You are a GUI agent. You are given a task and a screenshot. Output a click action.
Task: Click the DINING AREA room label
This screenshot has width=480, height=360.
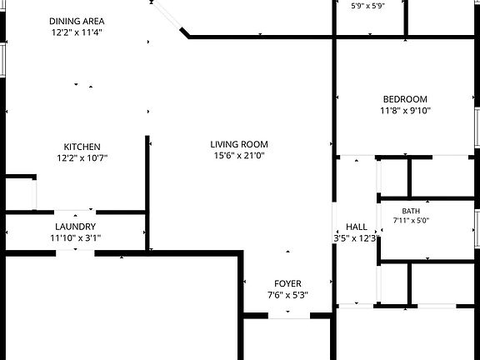coord(77,21)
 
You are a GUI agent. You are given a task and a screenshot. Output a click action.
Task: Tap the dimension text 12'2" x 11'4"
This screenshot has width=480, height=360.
coord(77,32)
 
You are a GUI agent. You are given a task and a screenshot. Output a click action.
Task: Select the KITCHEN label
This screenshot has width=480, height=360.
coord(82,147)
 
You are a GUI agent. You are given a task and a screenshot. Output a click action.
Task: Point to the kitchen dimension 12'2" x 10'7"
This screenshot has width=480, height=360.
coord(82,158)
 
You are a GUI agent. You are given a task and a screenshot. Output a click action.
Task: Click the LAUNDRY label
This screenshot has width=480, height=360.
coord(76,227)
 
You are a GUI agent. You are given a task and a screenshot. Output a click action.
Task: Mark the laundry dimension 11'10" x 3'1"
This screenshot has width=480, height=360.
coord(76,237)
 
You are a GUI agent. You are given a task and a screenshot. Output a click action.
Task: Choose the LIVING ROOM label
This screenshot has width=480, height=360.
coord(239,144)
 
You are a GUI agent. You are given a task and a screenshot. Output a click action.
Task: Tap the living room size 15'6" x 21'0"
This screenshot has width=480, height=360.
coord(239,156)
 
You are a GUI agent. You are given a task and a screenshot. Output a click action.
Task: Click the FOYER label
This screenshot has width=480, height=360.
coord(287,283)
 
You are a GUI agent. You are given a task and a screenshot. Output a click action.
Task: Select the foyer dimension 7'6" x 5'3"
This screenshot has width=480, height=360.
coord(287,295)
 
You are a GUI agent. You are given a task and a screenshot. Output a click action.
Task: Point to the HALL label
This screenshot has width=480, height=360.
coord(357,227)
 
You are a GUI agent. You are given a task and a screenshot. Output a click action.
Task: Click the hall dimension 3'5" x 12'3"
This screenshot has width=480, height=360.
coord(357,238)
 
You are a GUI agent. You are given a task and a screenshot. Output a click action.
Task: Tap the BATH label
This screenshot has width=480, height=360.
coord(411,211)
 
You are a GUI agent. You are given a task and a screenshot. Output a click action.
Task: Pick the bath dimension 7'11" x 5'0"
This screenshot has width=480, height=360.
coord(411,220)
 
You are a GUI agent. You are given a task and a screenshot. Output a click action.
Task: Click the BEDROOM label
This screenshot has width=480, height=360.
coord(405,99)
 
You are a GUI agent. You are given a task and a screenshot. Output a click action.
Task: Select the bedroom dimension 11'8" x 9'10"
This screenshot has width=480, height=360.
coord(405,111)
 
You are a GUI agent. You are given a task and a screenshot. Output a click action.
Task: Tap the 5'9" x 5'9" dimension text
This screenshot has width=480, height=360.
coord(367,6)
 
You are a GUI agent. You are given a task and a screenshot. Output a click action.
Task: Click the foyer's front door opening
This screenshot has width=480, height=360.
coord(289,316)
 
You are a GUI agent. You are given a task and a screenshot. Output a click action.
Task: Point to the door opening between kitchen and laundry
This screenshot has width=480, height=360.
coord(75,212)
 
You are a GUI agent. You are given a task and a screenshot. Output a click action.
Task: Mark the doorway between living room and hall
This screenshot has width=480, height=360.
coord(334,222)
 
